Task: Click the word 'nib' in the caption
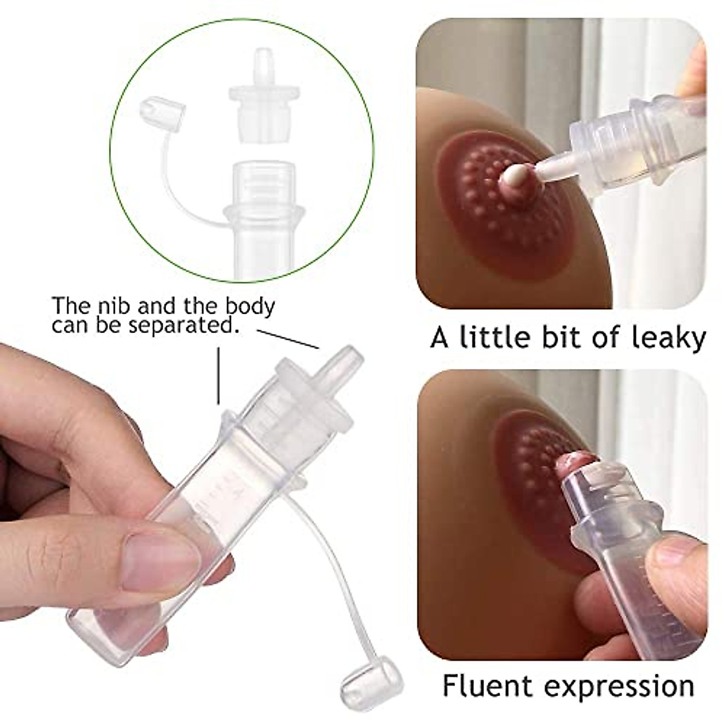tap(114, 305)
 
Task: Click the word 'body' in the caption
tap(250, 306)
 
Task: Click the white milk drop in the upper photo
tap(514, 177)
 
